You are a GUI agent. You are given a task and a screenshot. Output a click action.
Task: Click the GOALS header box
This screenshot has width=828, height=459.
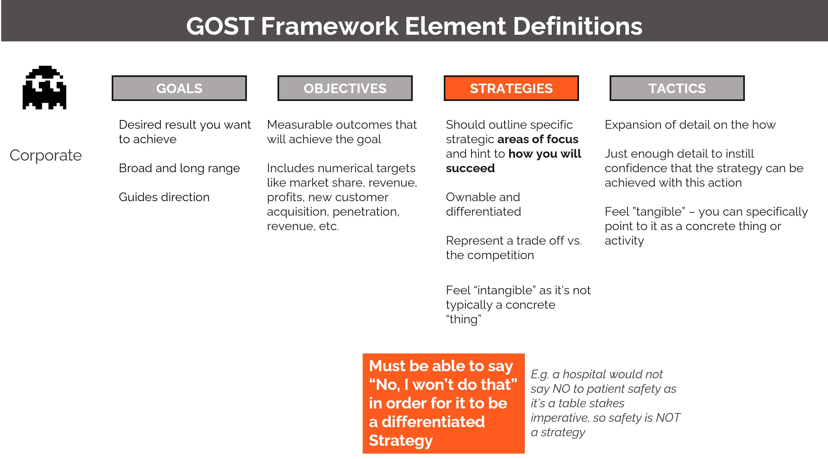click(179, 88)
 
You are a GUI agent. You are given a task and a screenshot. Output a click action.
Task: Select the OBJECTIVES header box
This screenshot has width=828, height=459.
click(345, 88)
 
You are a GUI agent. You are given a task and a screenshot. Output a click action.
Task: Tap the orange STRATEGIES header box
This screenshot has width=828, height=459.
click(511, 88)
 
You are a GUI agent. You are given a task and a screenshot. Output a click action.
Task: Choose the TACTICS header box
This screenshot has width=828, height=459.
click(677, 88)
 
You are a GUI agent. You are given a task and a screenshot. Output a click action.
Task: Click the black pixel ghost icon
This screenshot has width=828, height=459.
click(44, 88)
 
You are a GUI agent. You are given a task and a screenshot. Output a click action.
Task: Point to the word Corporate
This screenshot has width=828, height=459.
click(45, 156)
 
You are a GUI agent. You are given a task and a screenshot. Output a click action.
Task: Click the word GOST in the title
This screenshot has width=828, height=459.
click(220, 26)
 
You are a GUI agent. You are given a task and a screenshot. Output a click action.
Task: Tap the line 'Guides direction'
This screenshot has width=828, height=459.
click(164, 197)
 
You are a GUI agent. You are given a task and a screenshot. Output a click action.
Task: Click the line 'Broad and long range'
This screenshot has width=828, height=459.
click(179, 168)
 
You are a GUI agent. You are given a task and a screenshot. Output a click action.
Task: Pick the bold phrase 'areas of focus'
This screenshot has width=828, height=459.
click(538, 139)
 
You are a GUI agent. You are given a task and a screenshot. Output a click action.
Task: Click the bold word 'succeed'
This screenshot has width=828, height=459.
click(470, 168)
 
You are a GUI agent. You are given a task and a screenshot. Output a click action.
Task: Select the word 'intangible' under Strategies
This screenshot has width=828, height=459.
click(505, 290)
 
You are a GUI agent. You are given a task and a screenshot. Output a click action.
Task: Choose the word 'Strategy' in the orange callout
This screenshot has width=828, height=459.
click(400, 441)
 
